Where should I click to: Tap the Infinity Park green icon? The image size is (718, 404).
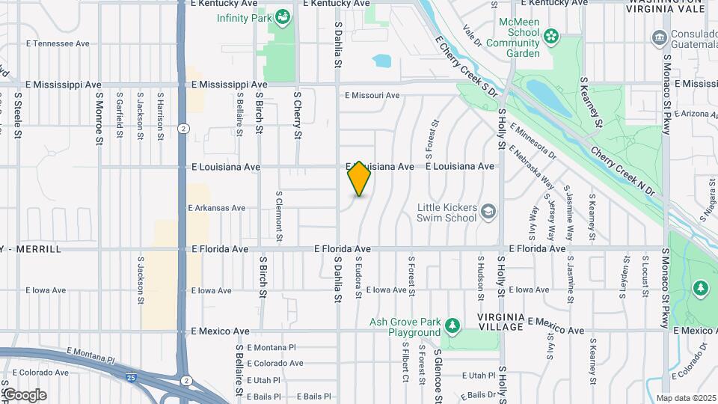[x=283, y=16]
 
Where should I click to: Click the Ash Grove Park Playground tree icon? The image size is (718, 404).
[x=452, y=325]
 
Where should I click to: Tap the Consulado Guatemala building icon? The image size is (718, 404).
[x=660, y=37]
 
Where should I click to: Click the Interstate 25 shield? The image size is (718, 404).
[x=132, y=377]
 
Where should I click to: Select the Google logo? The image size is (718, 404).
[x=24, y=394]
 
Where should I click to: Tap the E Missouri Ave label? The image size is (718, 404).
[x=372, y=95]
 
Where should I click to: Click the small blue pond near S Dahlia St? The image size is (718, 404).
[x=381, y=60]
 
